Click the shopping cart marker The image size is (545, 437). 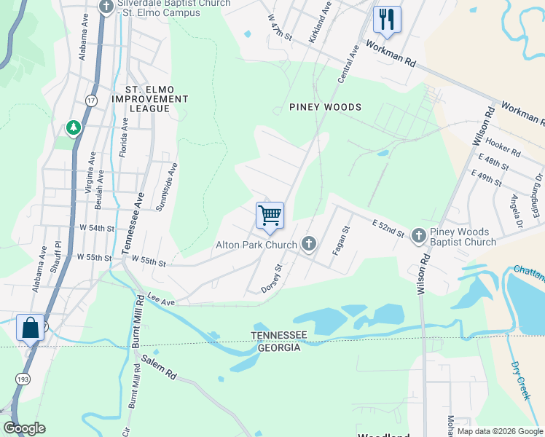pos(270,216)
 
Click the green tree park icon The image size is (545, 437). pos(74,129)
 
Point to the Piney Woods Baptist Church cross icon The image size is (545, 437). pos(418,235)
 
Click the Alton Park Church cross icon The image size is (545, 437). pos(309,244)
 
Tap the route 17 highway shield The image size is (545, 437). pos(91,101)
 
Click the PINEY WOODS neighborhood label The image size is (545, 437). pos(325,107)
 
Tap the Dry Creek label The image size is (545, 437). pos(518,380)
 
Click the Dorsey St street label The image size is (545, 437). pos(272,279)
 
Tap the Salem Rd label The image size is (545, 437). pos(160,366)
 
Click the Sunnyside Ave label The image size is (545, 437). pos(168,187)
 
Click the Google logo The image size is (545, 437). pos(24,428)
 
